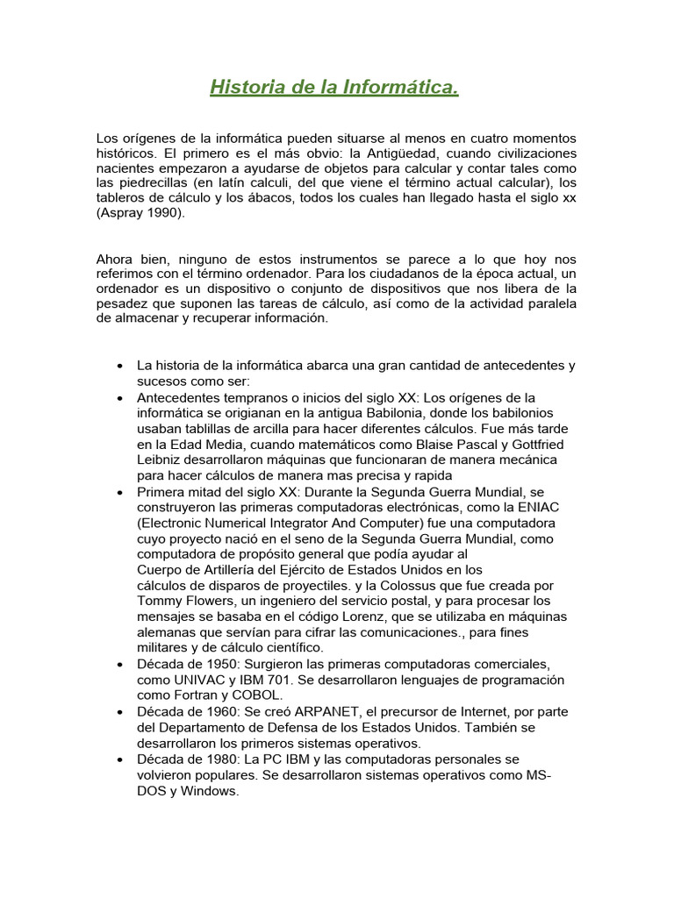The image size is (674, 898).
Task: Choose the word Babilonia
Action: pyautogui.click(x=352, y=412)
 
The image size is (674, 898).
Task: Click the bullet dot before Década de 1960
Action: pyautogui.click(x=118, y=712)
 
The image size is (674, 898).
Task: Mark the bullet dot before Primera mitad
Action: pyautogui.click(x=118, y=492)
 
